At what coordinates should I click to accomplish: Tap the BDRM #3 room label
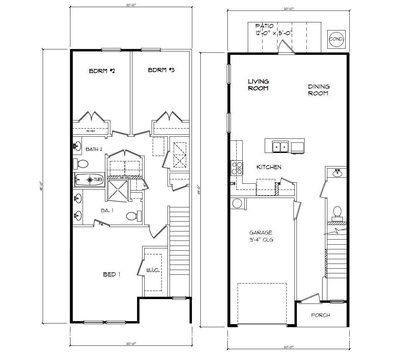point(161,70)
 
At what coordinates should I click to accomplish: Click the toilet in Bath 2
point(81,164)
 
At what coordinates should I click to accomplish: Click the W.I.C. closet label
point(153,270)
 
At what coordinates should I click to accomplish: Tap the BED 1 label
point(112,274)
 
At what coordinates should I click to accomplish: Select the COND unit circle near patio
point(336,39)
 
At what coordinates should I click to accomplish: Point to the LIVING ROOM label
point(258,85)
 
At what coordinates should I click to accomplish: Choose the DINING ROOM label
point(318,90)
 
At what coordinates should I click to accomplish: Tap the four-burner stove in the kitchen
point(237,168)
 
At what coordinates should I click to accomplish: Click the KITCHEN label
point(269,167)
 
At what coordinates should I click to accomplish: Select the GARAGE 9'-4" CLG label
point(261,236)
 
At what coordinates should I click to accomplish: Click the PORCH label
point(320,315)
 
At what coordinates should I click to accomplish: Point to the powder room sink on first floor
point(336,173)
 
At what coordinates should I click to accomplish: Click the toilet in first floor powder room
point(337,212)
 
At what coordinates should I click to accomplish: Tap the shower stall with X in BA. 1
point(118,190)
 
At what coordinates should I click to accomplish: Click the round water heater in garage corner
point(237,204)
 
